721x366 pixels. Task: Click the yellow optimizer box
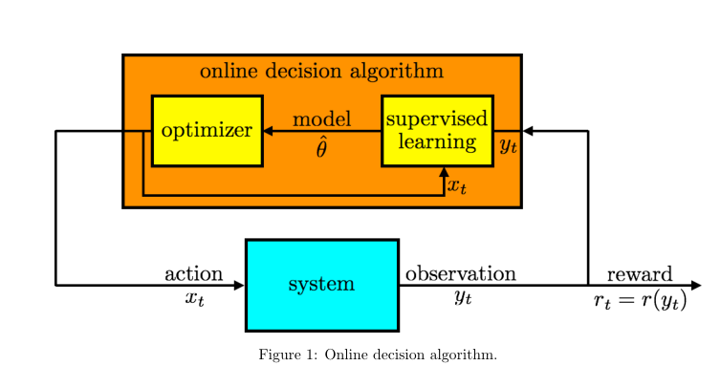pyautogui.click(x=207, y=131)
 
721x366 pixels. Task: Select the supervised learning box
pyautogui.click(x=437, y=131)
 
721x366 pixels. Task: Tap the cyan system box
pyautogui.click(x=321, y=285)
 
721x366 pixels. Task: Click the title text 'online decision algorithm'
pyautogui.click(x=321, y=72)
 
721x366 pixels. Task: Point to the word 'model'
pyautogui.click(x=321, y=119)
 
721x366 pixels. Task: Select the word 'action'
pyautogui.click(x=193, y=274)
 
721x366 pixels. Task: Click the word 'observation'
pyautogui.click(x=460, y=274)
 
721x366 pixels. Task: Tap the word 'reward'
pyautogui.click(x=639, y=274)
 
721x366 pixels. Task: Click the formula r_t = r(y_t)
pyautogui.click(x=639, y=301)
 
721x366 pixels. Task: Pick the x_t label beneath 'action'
pyautogui.click(x=194, y=298)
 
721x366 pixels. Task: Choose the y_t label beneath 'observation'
pyautogui.click(x=463, y=298)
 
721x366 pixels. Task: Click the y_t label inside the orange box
pyautogui.click(x=508, y=146)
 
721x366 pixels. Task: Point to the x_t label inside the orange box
pyautogui.click(x=457, y=186)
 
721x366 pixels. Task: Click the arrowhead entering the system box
pyautogui.click(x=239, y=285)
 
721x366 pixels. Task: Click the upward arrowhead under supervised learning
pyautogui.click(x=444, y=173)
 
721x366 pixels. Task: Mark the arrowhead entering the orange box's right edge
pyautogui.click(x=528, y=131)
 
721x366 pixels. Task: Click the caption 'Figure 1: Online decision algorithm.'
pyautogui.click(x=377, y=355)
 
